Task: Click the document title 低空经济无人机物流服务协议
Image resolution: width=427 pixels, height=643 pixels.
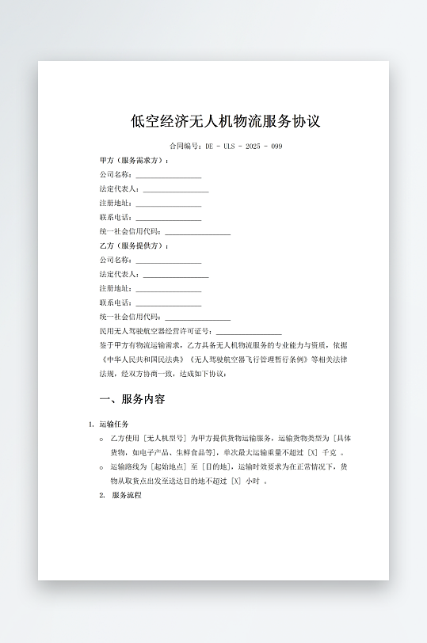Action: point(226,121)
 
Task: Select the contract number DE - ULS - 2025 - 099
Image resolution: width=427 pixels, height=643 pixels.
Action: point(243,146)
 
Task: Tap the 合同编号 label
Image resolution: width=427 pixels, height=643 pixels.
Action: point(185,146)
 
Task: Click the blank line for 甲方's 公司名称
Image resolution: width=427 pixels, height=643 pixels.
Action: point(168,175)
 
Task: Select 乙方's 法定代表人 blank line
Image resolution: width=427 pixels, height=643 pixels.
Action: point(175,275)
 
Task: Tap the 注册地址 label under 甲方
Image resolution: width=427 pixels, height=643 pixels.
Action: point(116,204)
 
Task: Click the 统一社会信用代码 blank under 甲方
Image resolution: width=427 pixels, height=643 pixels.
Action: point(197,232)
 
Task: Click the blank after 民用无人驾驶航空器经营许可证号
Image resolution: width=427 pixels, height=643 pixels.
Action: point(249,332)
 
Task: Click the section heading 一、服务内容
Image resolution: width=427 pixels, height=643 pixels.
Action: point(132,399)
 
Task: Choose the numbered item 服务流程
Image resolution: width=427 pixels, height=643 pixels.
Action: point(126,495)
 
